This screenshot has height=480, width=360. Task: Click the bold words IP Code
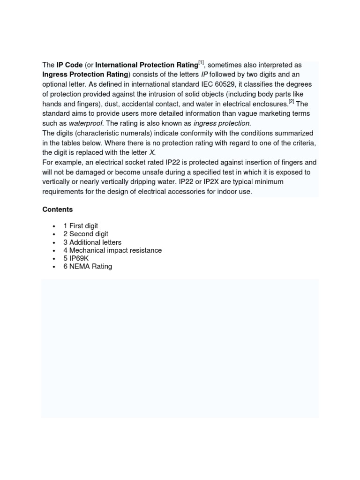[x=69, y=65]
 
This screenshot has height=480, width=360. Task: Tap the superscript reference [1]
[x=201, y=63]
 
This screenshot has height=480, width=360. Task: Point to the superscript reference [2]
[x=291, y=102]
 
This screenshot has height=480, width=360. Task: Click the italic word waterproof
[x=85, y=123]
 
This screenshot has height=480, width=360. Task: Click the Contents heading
[x=58, y=210]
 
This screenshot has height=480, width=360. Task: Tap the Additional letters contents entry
[x=92, y=242]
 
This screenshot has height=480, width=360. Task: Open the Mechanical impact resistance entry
[x=112, y=250]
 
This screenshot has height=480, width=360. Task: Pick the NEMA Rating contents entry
[x=88, y=267]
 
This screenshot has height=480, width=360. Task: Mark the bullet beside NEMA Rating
[x=55, y=267]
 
